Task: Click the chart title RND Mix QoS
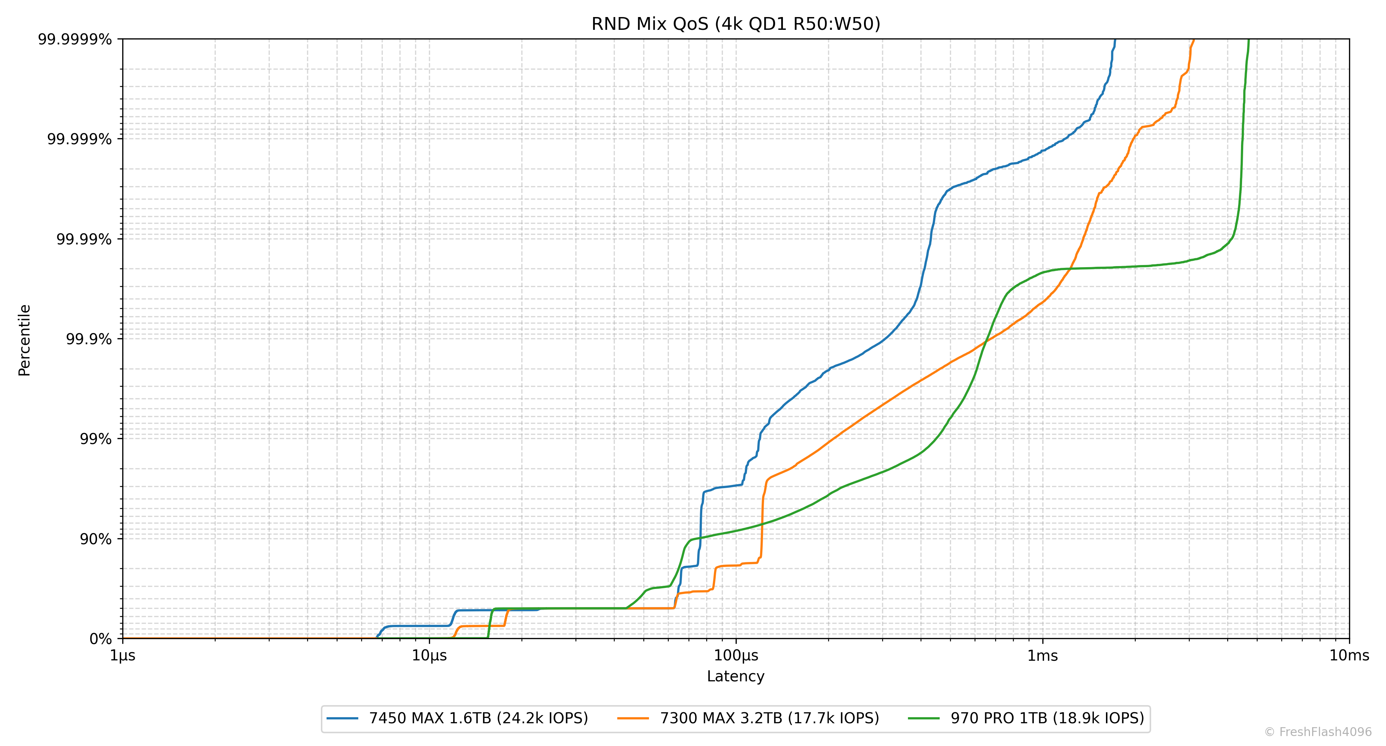click(x=736, y=24)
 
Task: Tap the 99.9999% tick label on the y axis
click(x=75, y=39)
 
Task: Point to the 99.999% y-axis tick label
click(x=80, y=139)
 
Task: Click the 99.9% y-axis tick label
click(x=89, y=339)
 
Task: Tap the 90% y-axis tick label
click(x=96, y=539)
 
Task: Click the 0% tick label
click(x=101, y=639)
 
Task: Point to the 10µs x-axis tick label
click(x=429, y=656)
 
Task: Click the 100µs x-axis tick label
click(x=736, y=656)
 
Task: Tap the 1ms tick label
click(x=1043, y=656)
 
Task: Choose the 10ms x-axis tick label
click(x=1349, y=656)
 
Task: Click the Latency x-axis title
click(x=736, y=676)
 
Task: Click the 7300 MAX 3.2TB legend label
click(x=769, y=719)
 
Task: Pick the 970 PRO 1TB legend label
click(x=1047, y=719)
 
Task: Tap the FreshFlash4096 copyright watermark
click(x=1318, y=732)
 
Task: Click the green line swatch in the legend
click(x=923, y=719)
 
